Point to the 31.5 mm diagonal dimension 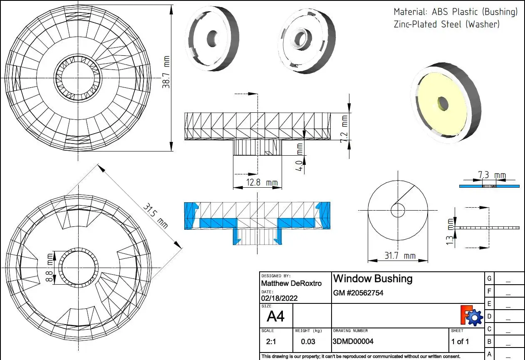pyautogui.click(x=156, y=216)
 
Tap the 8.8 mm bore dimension pyautogui.click(x=50, y=268)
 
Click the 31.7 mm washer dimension pyautogui.click(x=399, y=256)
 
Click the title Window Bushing pyautogui.click(x=373, y=278)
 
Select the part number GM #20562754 pyautogui.click(x=358, y=293)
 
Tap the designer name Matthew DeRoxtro pyautogui.click(x=291, y=283)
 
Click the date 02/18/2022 pyautogui.click(x=279, y=298)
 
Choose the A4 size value pyautogui.click(x=275, y=317)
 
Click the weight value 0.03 pyautogui.click(x=308, y=342)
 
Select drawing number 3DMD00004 pyautogui.click(x=353, y=342)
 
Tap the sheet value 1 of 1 pyautogui.click(x=460, y=342)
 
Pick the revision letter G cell pyautogui.click(x=489, y=278)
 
